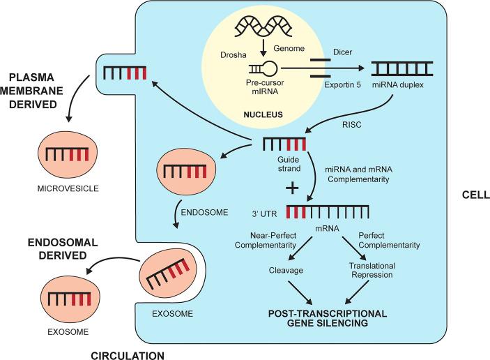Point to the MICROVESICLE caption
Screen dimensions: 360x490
point(68,188)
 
